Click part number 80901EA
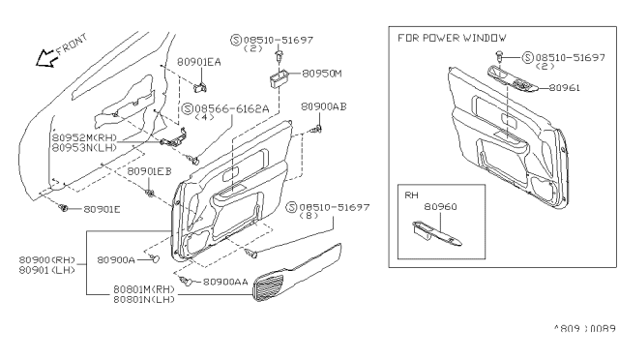(199, 60)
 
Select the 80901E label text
(103, 208)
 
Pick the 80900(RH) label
(46, 259)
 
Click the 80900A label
(116, 259)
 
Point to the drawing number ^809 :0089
(583, 329)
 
